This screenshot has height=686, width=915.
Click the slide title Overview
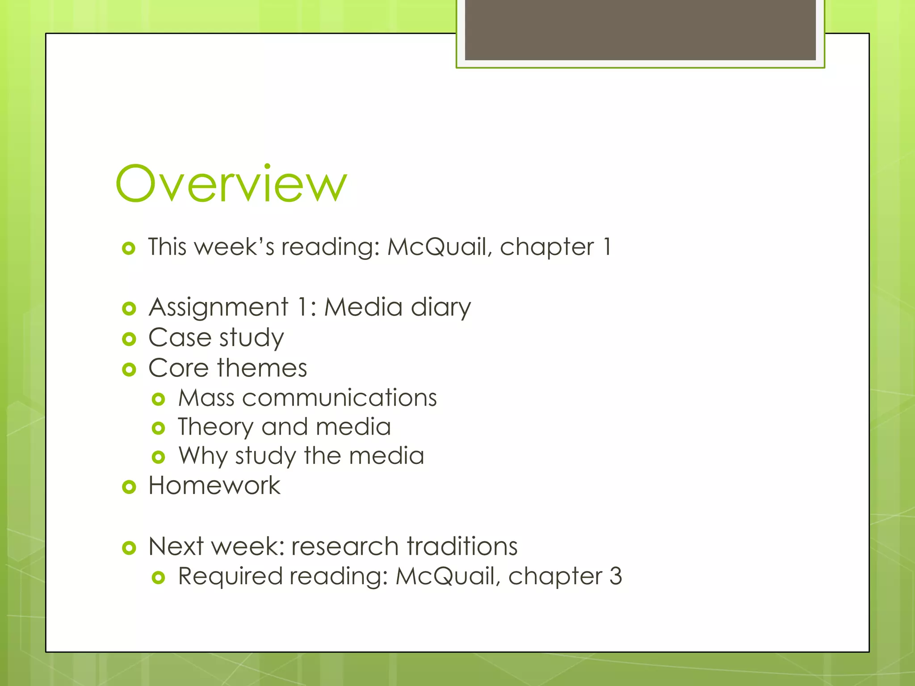(x=231, y=184)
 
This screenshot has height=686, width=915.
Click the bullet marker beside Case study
(x=129, y=339)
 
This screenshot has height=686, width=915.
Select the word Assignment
(x=218, y=308)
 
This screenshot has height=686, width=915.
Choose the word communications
(x=339, y=398)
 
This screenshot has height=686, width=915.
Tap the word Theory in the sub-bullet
(x=215, y=427)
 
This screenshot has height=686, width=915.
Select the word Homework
(x=214, y=485)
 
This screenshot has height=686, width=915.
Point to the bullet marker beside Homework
(x=129, y=487)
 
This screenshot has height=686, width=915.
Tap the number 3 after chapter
(x=616, y=576)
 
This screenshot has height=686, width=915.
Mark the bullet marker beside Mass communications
(x=159, y=399)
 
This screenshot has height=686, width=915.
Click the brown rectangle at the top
(x=640, y=29)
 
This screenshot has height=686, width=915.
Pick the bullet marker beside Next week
(x=129, y=548)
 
